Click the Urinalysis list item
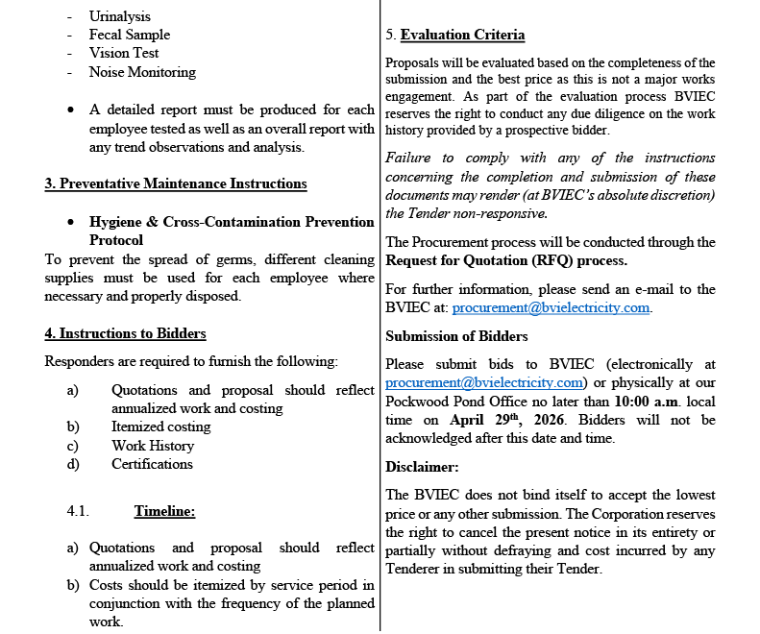click(119, 16)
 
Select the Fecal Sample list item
click(129, 35)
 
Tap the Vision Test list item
click(124, 53)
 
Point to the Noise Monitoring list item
click(142, 72)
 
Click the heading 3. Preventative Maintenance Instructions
click(176, 183)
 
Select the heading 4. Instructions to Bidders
click(125, 333)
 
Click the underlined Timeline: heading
click(164, 511)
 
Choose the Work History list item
click(153, 446)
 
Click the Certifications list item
click(152, 464)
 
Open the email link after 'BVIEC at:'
click(551, 308)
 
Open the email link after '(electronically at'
click(484, 382)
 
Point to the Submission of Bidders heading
click(456, 336)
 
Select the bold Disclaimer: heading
click(422, 467)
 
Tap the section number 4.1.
click(78, 511)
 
